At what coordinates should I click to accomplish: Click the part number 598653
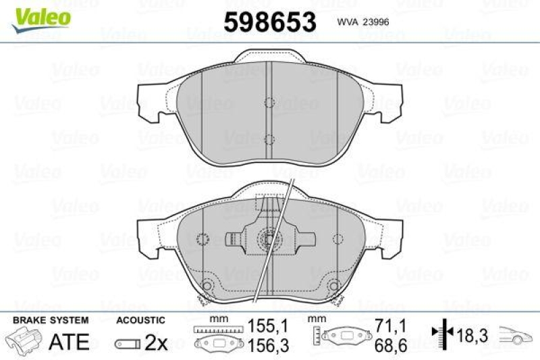pos(269,22)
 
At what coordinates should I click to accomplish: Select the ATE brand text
pos(70,341)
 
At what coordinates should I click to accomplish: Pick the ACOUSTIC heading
pos(140,319)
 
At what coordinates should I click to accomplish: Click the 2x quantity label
pos(157,342)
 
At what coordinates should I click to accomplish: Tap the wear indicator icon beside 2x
pos(128,343)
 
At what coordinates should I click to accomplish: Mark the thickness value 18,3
pos(472,334)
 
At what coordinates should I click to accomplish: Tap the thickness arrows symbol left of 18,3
pos(439,334)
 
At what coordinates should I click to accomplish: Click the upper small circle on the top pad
pos(269,103)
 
